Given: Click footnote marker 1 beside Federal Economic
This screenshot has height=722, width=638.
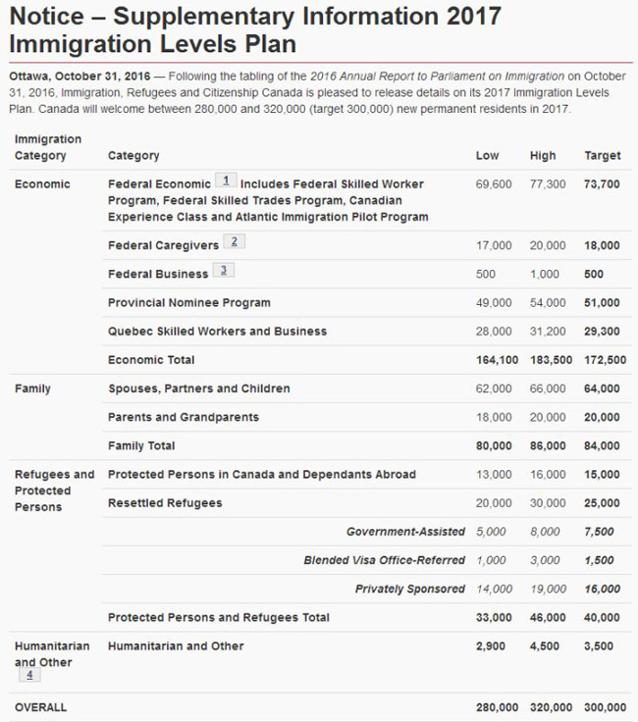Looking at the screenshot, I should click(x=227, y=181).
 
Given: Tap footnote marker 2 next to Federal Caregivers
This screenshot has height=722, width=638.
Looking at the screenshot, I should click(x=233, y=242).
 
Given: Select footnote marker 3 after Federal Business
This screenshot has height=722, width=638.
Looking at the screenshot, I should click(x=224, y=271).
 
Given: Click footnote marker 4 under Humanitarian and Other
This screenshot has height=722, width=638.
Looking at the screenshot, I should click(x=28, y=675).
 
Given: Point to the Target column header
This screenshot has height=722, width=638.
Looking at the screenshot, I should click(x=602, y=155).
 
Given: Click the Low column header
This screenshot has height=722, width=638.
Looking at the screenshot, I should click(x=487, y=155).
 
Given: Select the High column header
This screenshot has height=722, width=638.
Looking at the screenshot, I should click(x=542, y=155).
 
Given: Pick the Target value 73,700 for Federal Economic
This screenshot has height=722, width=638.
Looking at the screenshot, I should click(x=602, y=184).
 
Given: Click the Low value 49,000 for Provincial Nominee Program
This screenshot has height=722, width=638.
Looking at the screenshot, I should click(x=494, y=303).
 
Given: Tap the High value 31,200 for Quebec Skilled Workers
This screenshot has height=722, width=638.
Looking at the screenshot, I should click(x=548, y=332).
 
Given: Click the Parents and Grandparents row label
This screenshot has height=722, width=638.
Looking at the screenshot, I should click(x=183, y=417).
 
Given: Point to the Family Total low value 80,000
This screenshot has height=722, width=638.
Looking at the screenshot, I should click(x=494, y=445).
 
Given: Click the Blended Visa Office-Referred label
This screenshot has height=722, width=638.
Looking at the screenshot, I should click(x=384, y=560).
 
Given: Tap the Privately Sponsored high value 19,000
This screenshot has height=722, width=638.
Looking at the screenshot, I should click(x=548, y=589).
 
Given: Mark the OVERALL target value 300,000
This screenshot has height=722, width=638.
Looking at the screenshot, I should click(x=605, y=707).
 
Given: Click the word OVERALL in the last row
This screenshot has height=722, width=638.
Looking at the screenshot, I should click(x=40, y=707).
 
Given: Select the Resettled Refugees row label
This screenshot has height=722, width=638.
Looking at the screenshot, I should click(x=165, y=503).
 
